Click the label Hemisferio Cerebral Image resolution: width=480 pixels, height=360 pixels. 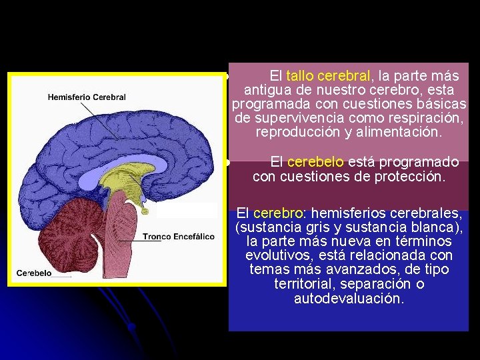point(87,97)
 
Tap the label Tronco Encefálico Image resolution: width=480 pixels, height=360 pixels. point(178,237)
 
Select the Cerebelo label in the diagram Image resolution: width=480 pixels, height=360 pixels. point(34,273)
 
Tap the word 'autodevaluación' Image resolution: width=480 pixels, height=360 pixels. point(349,299)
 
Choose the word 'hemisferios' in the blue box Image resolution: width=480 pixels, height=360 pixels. point(346,213)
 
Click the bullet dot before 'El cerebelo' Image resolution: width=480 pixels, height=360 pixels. point(227,162)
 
